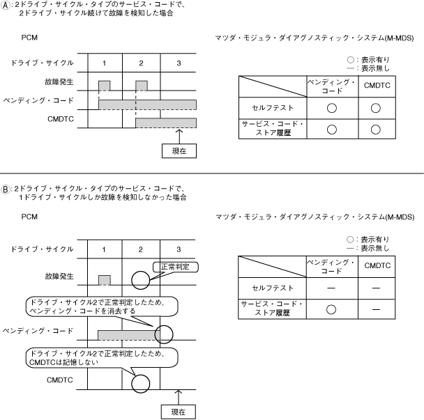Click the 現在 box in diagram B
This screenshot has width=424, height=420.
tap(179, 412)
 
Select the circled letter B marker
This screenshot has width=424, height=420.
tap(5, 188)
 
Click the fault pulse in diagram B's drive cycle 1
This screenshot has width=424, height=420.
tap(104, 280)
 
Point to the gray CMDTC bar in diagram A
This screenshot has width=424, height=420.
tap(166, 123)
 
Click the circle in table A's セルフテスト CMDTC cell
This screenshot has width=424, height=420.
tap(376, 108)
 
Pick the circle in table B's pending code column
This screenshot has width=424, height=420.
tap(332, 307)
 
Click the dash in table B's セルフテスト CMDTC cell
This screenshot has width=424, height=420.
tap(376, 287)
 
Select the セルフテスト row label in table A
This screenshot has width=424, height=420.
tap(272, 108)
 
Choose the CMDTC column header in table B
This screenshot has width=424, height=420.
tap(377, 266)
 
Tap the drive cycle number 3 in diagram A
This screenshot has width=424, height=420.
tap(179, 63)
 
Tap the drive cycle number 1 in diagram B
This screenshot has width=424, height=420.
tap(104, 249)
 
